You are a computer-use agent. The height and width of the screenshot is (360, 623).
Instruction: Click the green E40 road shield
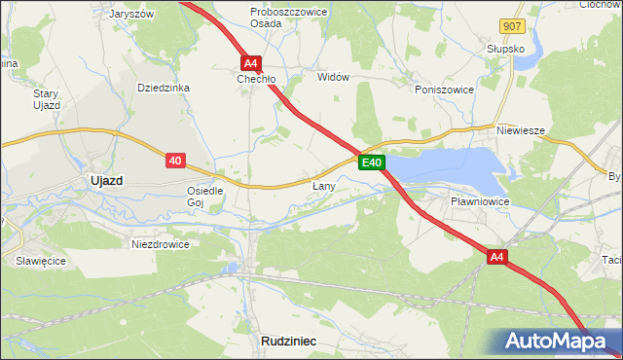(x=372, y=162)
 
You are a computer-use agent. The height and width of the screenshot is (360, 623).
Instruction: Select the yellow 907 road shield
(x=514, y=26)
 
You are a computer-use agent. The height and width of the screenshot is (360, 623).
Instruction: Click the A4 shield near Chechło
(x=250, y=61)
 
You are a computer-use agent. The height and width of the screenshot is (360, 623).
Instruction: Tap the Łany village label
(x=324, y=185)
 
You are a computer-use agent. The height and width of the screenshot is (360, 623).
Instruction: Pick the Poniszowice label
(x=444, y=89)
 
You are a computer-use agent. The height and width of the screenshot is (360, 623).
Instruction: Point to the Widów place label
(x=333, y=77)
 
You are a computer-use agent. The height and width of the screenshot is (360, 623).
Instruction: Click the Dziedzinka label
(x=164, y=88)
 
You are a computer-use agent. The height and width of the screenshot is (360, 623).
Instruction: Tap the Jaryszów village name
(x=132, y=15)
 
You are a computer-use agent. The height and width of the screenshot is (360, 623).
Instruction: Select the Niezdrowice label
(x=160, y=244)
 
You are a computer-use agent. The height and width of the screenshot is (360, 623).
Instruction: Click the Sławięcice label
(x=39, y=261)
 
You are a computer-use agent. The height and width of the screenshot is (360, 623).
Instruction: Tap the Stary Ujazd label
(x=47, y=99)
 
